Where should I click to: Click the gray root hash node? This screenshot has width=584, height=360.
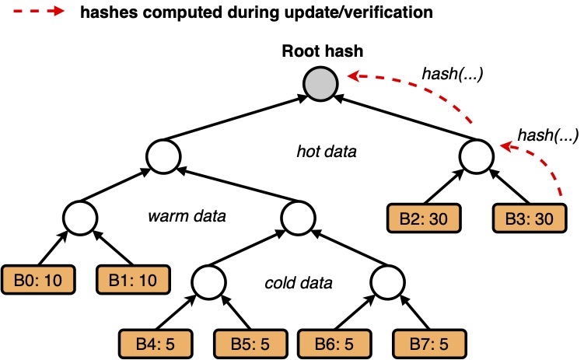[320, 84]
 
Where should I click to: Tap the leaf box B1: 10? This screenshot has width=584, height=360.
[125, 279]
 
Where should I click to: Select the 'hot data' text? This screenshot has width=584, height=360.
[326, 152]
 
